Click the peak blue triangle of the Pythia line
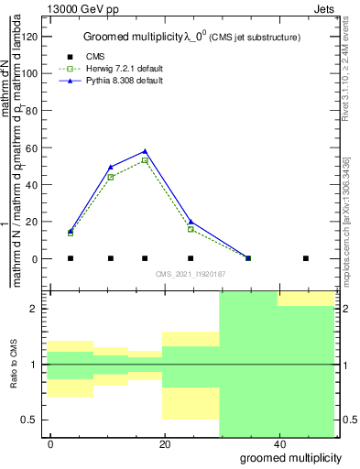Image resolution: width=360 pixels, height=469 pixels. [145, 151]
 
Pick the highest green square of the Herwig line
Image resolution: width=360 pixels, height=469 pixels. [145, 160]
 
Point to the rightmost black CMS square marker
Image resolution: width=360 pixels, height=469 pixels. [306, 258]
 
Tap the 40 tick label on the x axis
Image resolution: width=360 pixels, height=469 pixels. [278, 444]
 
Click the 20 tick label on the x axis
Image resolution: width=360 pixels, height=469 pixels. [163, 444]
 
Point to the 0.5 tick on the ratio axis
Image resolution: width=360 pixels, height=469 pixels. [35, 420]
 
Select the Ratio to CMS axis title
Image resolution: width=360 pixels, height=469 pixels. [15, 365]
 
